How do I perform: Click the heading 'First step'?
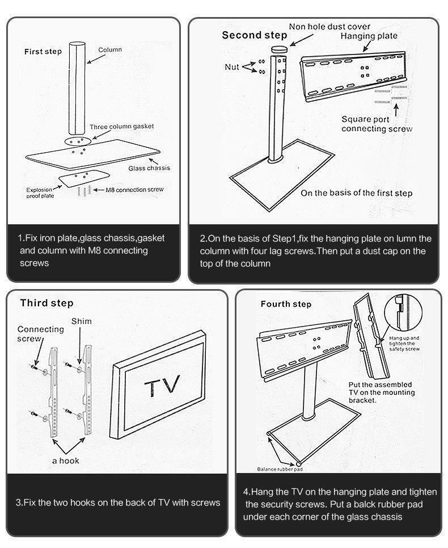point(43,52)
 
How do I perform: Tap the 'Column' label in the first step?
point(109,50)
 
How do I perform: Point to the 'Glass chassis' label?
point(149,168)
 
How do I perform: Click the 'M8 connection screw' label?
point(134,190)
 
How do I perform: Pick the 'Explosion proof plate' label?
point(40,193)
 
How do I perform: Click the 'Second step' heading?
point(254,35)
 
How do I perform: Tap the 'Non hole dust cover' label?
point(329,27)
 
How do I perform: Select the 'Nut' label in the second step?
point(232,67)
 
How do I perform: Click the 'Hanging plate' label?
point(369,36)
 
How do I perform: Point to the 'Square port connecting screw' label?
point(377,124)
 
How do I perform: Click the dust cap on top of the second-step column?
point(278,51)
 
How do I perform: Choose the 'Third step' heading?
point(47,303)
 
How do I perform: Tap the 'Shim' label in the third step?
point(81,321)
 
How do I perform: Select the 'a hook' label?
point(66,461)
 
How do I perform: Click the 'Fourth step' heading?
point(286,304)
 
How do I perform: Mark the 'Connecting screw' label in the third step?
point(40,333)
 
